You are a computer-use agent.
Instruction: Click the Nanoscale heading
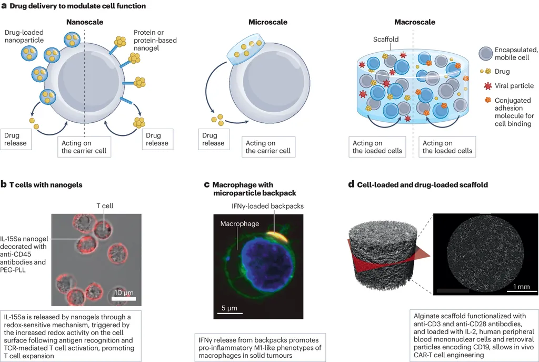click(x=84, y=22)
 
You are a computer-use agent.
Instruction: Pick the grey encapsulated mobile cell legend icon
click(x=486, y=53)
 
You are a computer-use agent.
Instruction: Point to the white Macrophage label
click(x=239, y=224)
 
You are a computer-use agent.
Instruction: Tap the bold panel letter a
click(x=4, y=6)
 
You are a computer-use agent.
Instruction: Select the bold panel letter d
click(x=351, y=184)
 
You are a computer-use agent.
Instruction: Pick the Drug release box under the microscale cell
click(x=213, y=139)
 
